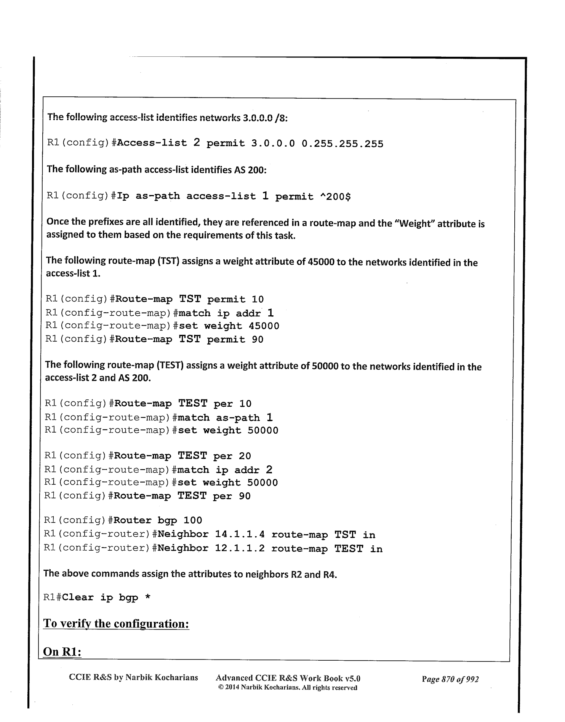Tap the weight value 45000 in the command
coord(264,326)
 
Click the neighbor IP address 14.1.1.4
coord(240,535)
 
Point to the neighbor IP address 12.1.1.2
coord(240,549)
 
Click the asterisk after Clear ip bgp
coord(147,597)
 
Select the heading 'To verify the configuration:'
coord(116,624)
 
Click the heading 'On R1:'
coord(62,652)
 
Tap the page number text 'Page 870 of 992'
coord(450,679)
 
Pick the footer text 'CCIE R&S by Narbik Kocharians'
coord(133,678)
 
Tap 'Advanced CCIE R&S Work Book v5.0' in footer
coord(288,678)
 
